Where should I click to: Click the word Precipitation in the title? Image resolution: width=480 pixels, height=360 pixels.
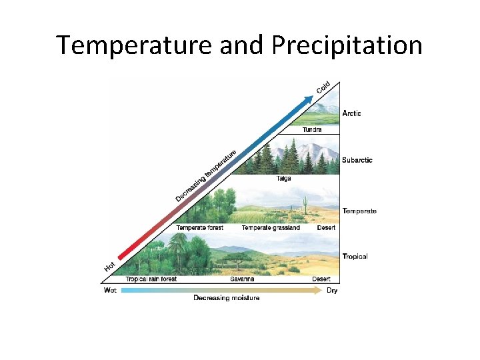(x=347, y=45)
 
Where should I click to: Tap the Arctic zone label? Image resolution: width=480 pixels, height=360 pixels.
(x=351, y=113)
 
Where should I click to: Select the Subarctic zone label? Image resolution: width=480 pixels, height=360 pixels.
(x=357, y=160)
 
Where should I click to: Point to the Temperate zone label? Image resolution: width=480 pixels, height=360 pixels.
(x=359, y=211)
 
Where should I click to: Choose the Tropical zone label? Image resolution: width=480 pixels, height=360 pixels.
(x=355, y=256)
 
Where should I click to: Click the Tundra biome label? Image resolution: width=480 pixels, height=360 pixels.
(x=312, y=130)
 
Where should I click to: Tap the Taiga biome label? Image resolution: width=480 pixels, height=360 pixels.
(x=284, y=179)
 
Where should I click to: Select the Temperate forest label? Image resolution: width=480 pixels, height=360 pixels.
(x=199, y=228)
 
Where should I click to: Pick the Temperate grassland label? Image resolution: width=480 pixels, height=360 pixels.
(x=271, y=228)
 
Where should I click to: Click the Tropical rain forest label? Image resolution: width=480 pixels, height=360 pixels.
(x=151, y=279)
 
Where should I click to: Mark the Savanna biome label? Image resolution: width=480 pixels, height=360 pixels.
(x=242, y=279)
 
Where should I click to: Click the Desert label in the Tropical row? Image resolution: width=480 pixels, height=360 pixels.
(x=321, y=279)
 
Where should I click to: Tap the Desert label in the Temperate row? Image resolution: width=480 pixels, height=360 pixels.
(x=326, y=228)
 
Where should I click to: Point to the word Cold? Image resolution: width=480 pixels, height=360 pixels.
(x=323, y=87)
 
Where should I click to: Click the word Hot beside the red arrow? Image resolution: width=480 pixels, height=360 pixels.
(x=110, y=266)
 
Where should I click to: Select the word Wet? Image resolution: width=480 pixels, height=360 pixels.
(x=110, y=291)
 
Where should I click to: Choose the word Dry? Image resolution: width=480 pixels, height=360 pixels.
(x=332, y=291)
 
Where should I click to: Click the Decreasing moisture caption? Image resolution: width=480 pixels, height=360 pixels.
(x=227, y=298)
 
